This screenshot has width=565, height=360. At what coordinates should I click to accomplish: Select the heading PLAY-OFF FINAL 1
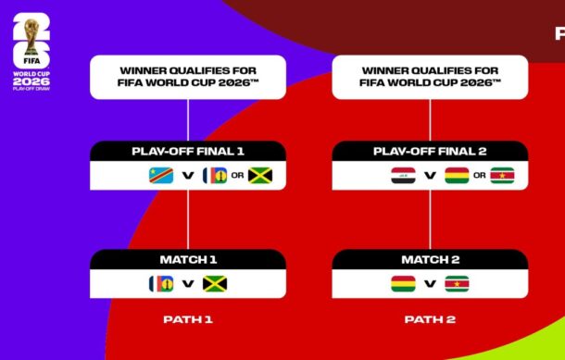(188, 151)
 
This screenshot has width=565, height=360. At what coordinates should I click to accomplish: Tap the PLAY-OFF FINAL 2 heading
(430, 151)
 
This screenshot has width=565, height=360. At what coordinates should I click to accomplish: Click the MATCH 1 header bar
(188, 260)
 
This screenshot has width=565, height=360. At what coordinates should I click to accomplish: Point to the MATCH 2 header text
(430, 260)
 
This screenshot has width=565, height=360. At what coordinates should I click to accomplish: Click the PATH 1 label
(188, 319)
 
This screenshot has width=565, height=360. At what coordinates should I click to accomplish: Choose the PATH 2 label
(430, 319)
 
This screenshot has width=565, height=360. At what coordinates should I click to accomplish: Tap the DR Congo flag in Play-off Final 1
(162, 175)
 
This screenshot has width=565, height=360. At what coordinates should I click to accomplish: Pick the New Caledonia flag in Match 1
(162, 284)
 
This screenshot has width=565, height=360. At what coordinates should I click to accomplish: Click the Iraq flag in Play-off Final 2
(404, 175)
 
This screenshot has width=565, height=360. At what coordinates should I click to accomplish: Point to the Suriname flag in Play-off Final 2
(502, 175)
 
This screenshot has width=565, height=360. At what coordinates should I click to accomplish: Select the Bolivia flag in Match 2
(404, 284)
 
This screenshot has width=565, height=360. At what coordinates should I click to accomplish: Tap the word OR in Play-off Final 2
(479, 175)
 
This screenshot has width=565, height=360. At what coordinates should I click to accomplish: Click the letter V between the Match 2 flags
(430, 284)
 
